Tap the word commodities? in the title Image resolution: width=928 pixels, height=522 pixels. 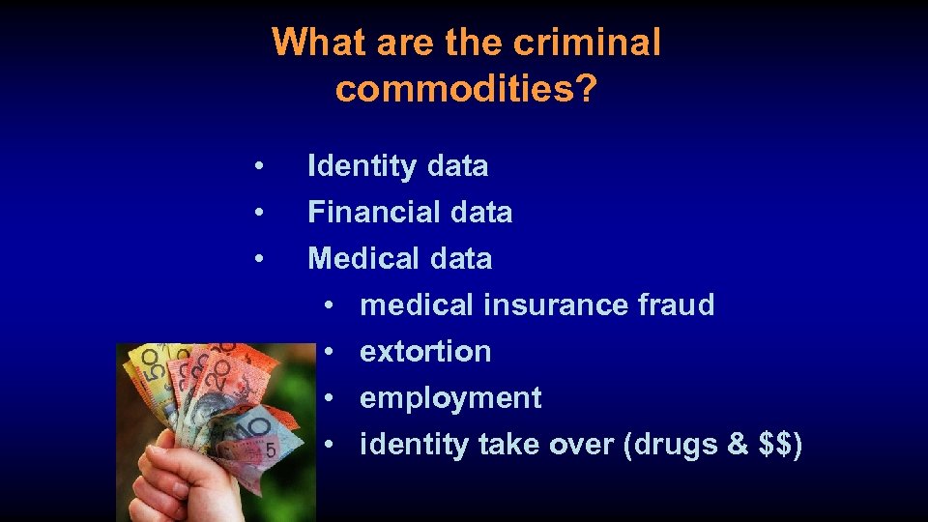coord(466,89)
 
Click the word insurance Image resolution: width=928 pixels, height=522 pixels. coord(556,304)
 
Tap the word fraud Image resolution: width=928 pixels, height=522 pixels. coord(676,304)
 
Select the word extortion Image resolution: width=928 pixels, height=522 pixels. coord(425,351)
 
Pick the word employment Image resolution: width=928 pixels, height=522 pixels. coord(450,397)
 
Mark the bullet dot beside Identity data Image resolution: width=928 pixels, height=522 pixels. coord(258,166)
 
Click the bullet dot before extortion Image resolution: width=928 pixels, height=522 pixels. coord(330,351)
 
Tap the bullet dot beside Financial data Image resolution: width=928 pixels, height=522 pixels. coord(258,212)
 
